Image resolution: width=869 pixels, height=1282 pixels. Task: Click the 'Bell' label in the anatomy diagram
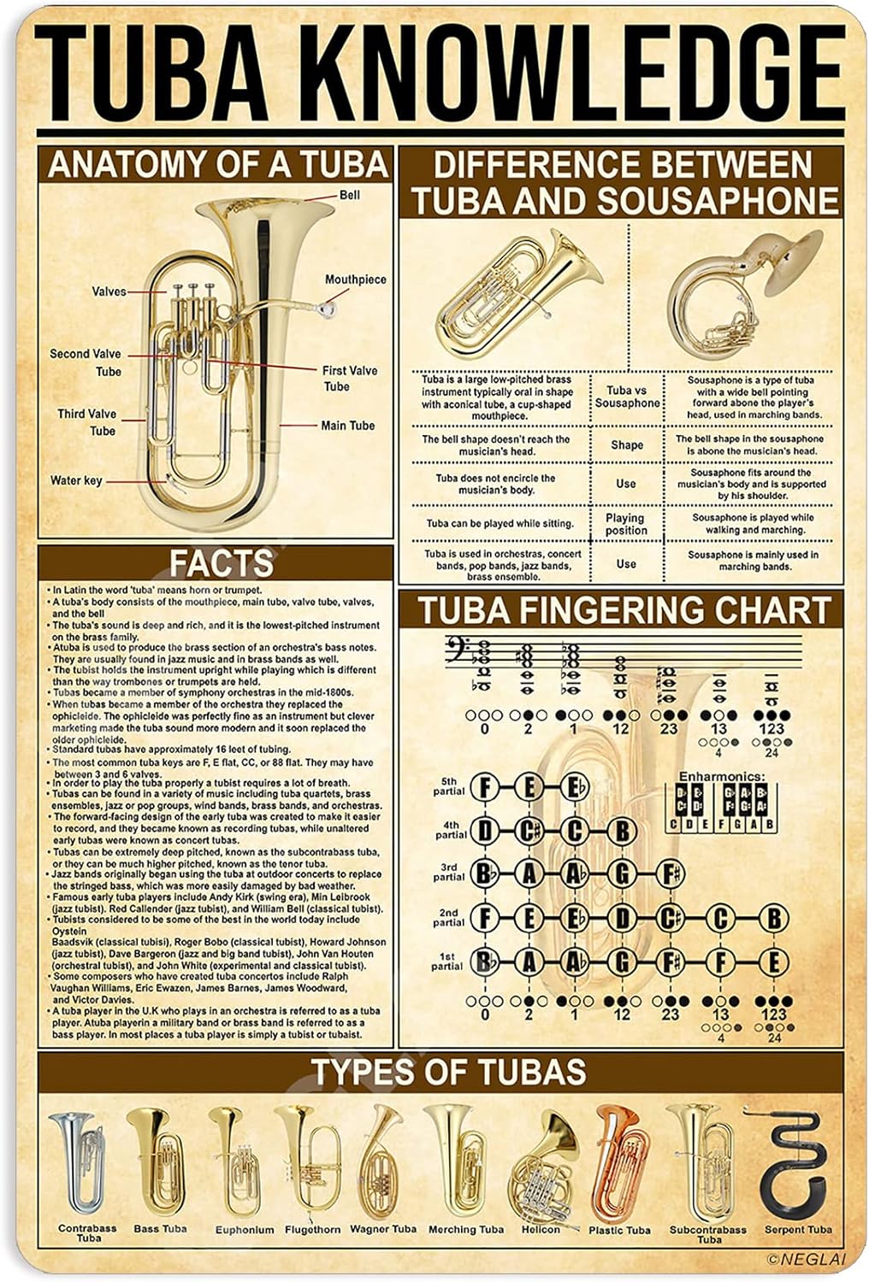[x=349, y=195]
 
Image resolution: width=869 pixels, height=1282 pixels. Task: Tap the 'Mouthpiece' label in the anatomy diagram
[x=355, y=279]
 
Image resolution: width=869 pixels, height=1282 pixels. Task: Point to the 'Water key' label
[x=76, y=480]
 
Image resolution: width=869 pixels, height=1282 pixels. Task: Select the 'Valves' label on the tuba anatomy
[x=109, y=291]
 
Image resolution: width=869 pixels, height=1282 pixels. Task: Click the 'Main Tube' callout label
[x=347, y=426]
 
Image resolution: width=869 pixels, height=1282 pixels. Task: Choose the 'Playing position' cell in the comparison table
[x=625, y=524]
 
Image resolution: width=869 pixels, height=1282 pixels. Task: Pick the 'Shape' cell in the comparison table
[x=626, y=444]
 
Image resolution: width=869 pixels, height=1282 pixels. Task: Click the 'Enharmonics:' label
[x=722, y=776]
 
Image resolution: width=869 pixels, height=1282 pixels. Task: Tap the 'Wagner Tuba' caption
[x=383, y=1229]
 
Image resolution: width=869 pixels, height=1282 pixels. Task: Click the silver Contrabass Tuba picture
[x=76, y=1161]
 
